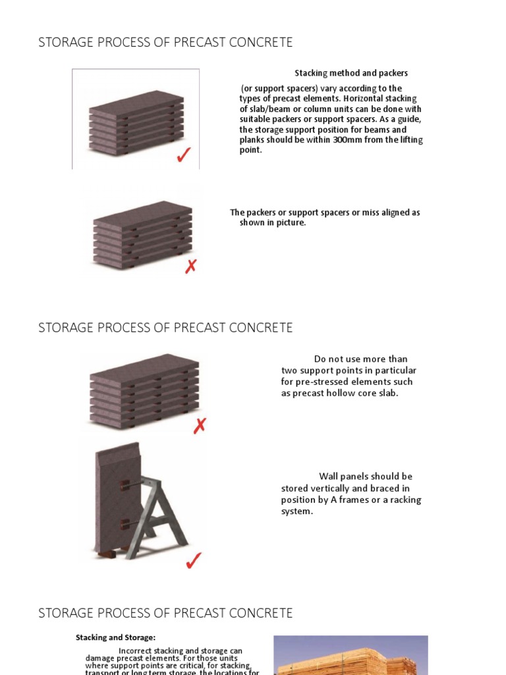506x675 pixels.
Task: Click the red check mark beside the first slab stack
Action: pyautogui.click(x=184, y=156)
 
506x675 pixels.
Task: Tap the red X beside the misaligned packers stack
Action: pyautogui.click(x=191, y=266)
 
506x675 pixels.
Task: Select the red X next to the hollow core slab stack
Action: pyautogui.click(x=200, y=426)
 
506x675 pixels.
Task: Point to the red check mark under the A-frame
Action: pyautogui.click(x=193, y=561)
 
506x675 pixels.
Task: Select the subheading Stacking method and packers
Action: pyautogui.click(x=351, y=73)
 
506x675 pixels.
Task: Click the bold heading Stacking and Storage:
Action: pyautogui.click(x=115, y=637)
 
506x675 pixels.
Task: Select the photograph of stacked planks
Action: pyautogui.click(x=351, y=655)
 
